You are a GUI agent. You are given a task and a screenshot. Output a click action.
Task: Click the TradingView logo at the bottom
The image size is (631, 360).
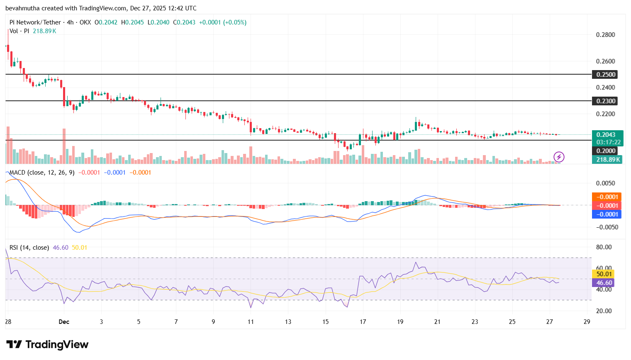[x=47, y=345]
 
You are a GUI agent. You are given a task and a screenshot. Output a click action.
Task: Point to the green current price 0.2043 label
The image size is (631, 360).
[x=607, y=135]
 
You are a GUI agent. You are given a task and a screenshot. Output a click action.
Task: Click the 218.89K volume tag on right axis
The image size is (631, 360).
[x=608, y=160]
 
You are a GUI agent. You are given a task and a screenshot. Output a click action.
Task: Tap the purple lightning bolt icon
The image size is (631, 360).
[x=559, y=157]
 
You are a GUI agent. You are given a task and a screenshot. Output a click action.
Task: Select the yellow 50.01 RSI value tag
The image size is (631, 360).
[x=604, y=274]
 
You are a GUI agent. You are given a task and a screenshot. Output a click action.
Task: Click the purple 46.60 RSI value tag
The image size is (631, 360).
[x=604, y=283]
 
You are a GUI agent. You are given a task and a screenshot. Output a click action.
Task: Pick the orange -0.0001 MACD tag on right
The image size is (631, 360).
[x=607, y=197]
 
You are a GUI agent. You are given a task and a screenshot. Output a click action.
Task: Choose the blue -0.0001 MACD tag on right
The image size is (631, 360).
[x=607, y=214]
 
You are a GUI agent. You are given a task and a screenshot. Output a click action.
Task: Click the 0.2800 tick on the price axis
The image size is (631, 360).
[x=605, y=35]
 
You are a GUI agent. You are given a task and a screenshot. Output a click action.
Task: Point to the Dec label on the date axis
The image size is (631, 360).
[x=64, y=322]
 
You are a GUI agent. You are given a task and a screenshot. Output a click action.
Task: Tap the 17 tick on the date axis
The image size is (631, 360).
[x=363, y=322]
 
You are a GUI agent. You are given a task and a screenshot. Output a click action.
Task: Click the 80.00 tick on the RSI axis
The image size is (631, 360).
[x=604, y=247]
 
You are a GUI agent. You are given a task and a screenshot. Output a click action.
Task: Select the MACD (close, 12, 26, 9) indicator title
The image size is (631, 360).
[x=42, y=173]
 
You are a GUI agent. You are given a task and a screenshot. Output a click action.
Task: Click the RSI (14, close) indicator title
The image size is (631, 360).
[x=29, y=248]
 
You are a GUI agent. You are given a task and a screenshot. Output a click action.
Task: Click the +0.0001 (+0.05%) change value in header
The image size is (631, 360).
[x=223, y=22]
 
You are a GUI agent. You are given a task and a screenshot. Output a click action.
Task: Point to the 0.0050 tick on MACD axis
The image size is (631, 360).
[x=605, y=183]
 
